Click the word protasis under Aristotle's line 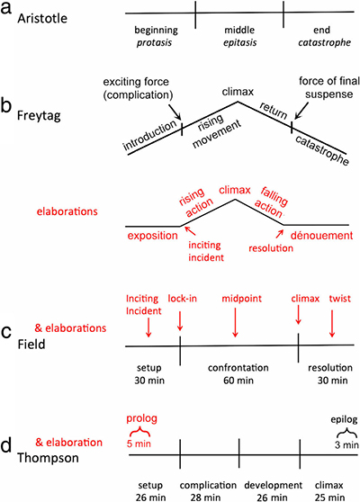point(154,43)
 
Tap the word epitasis point(240,43)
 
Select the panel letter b point(6,105)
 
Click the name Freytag point(39,115)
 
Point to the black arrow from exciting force point(175,111)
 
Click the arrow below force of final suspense point(301,111)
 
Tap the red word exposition point(152,236)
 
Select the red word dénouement point(321,236)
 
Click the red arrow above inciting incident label point(190,230)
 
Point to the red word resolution point(271,248)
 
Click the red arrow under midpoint point(235,323)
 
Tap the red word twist point(340,299)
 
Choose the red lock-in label point(182,299)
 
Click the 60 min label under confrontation point(238,381)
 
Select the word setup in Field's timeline point(148,368)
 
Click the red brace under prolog point(139,433)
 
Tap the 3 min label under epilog point(346,444)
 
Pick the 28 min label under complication point(205,498)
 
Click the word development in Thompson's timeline point(274,485)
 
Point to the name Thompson point(48,458)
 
